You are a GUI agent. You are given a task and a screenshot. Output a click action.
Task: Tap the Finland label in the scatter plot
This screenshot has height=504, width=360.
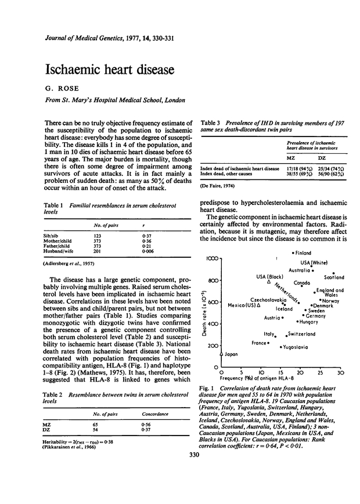(303, 253)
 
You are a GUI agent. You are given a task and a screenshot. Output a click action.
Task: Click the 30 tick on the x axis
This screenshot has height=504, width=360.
(340, 373)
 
